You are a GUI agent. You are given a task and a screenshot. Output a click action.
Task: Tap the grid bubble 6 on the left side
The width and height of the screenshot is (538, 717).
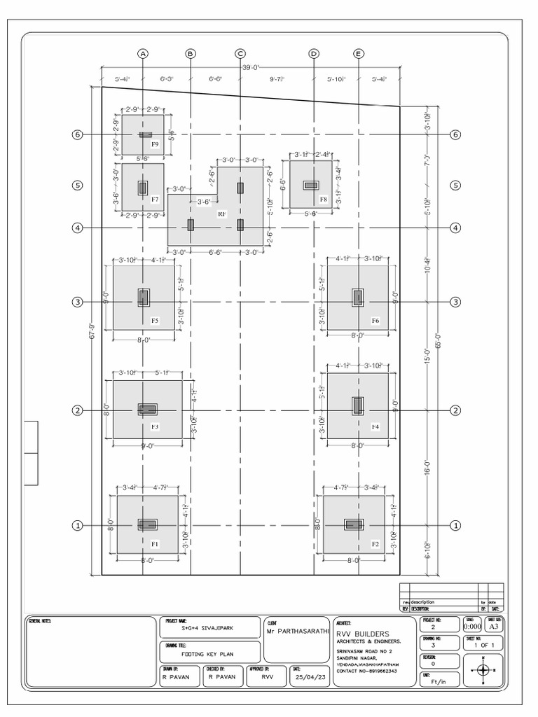click(78, 135)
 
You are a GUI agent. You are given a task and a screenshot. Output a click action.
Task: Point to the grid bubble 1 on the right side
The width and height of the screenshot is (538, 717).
click(456, 525)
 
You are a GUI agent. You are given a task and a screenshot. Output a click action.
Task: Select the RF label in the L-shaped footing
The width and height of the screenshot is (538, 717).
click(221, 213)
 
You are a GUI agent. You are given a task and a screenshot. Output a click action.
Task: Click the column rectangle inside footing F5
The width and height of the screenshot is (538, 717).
click(144, 298)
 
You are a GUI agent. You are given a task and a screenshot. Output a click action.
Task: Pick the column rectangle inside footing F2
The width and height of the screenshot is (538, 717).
click(353, 524)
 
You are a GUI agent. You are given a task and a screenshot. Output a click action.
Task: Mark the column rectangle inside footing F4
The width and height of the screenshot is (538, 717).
click(358, 405)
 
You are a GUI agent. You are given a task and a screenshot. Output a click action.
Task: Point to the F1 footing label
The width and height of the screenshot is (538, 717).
click(155, 543)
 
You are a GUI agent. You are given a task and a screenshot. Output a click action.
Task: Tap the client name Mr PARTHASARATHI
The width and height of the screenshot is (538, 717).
click(298, 631)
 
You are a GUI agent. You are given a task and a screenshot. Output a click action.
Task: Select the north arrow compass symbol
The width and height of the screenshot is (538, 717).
click(483, 670)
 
